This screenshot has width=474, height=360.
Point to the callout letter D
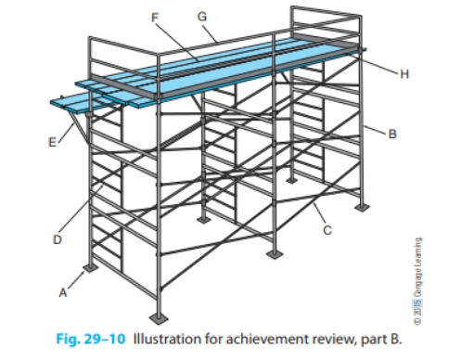[55, 238]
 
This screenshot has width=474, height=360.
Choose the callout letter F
[155, 18]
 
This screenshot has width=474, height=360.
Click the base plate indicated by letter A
[90, 269]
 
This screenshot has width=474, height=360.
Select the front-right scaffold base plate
[275, 252]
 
